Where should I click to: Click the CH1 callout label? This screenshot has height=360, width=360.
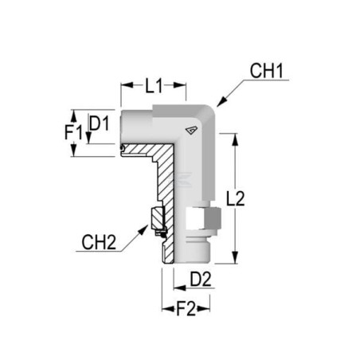(x=267, y=71)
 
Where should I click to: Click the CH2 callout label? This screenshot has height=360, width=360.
(x=99, y=242)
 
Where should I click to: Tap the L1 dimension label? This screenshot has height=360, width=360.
(x=154, y=85)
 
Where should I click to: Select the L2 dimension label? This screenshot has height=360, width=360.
(x=235, y=198)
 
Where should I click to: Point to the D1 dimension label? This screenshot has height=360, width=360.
(x=100, y=123)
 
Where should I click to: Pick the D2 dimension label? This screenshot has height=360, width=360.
(x=201, y=279)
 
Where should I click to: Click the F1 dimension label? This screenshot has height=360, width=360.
(x=74, y=132)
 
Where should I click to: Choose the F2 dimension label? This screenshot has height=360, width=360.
(x=186, y=309)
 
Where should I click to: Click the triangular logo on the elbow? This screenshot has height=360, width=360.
(x=191, y=131)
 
